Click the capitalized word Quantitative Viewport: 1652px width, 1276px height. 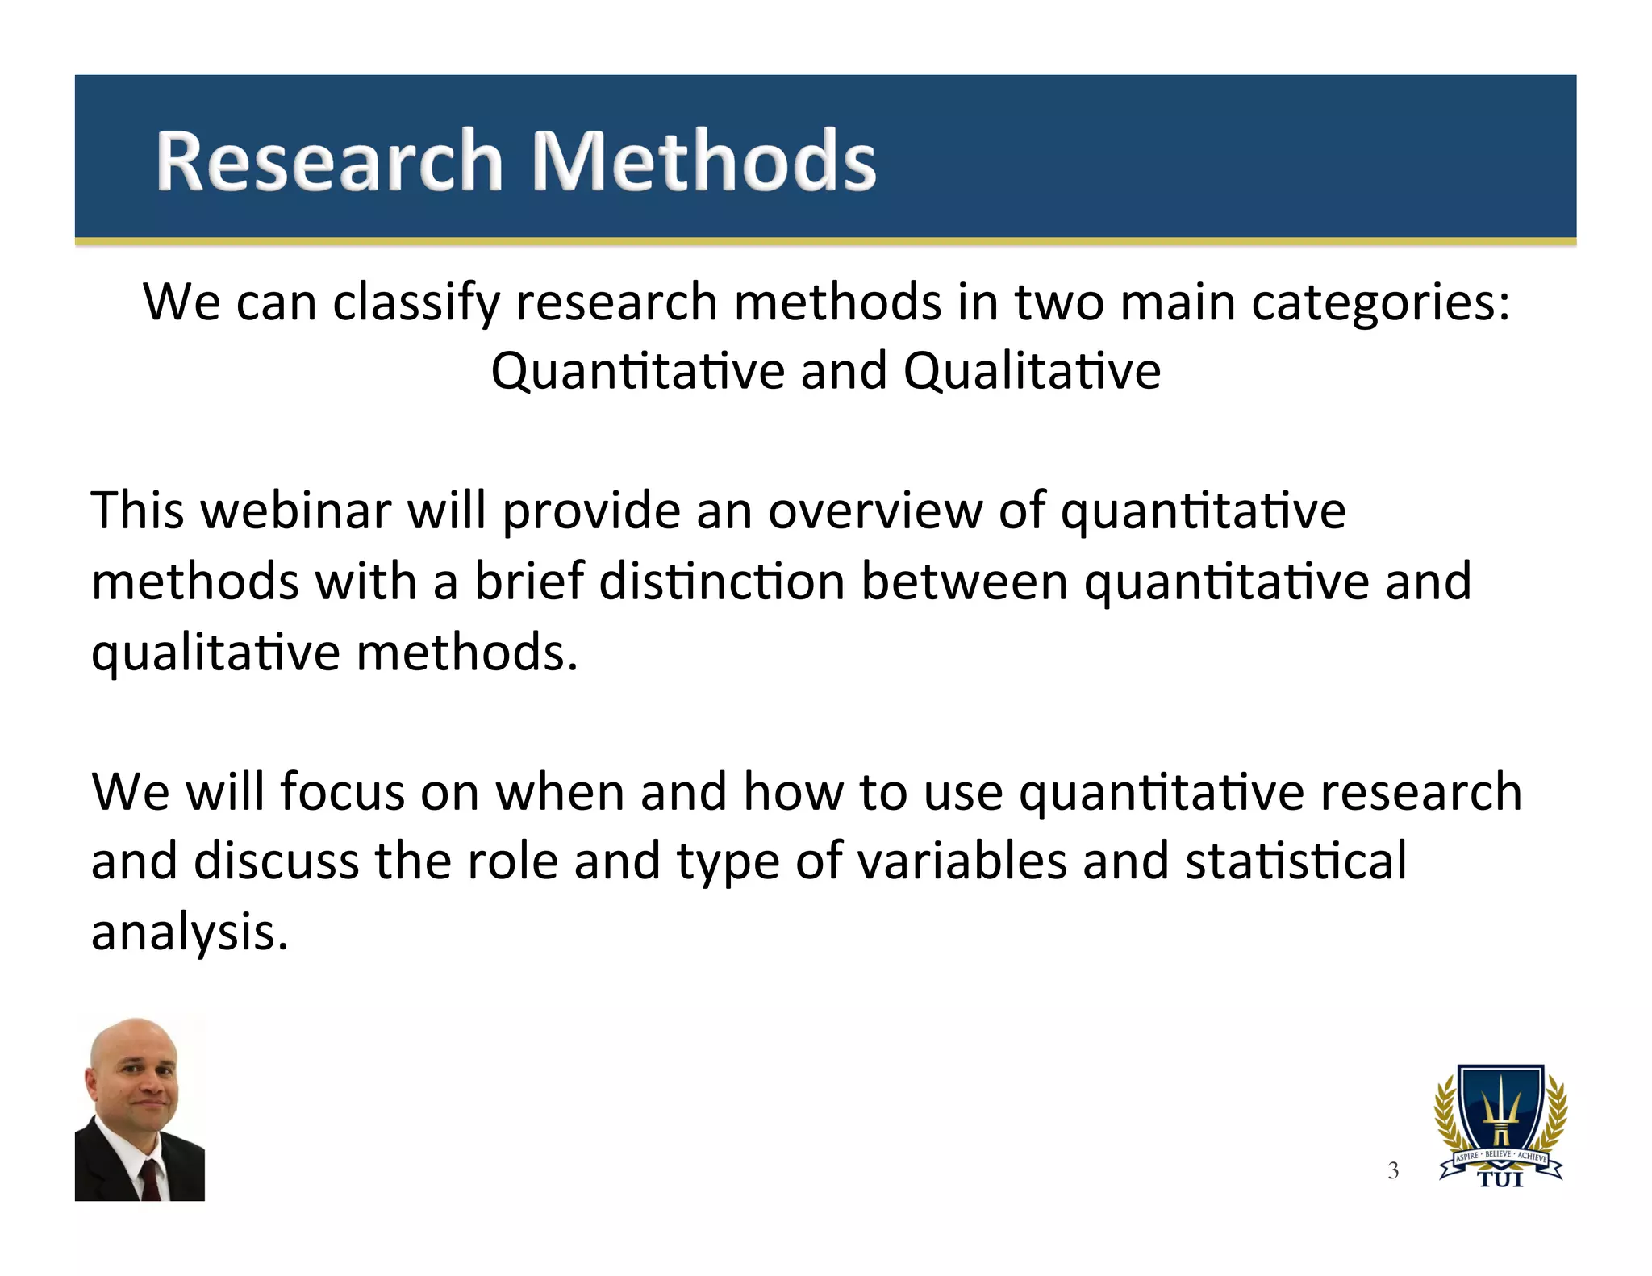pyautogui.click(x=637, y=372)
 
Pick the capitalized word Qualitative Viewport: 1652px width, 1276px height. pyautogui.click(x=1032, y=372)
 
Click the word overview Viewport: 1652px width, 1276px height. pyautogui.click(x=874, y=511)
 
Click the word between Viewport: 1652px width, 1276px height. pyautogui.click(x=964, y=582)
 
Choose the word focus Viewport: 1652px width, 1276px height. pyautogui.click(x=342, y=792)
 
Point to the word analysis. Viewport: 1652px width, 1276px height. pyautogui.click(x=189, y=932)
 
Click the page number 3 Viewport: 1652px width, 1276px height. pyautogui.click(x=1393, y=1171)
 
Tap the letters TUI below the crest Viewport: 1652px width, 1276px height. pyautogui.click(x=1500, y=1180)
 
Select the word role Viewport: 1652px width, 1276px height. pyautogui.click(x=512, y=861)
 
